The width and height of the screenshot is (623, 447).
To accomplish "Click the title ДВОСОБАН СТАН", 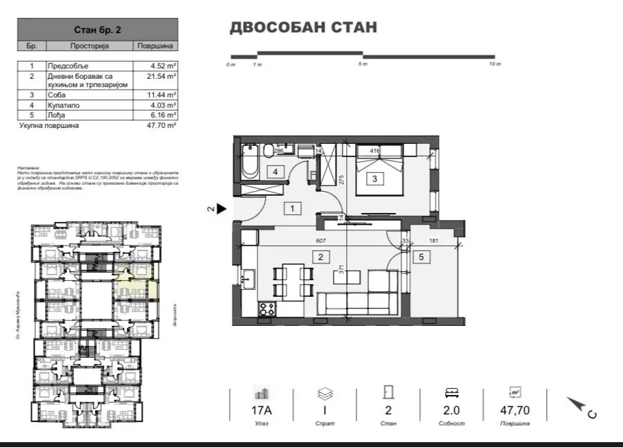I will click(x=303, y=28).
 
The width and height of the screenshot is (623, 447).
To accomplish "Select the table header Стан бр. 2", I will click(x=98, y=30).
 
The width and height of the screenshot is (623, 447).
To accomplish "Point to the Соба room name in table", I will click(x=56, y=95).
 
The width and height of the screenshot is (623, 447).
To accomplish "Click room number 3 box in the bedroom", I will click(x=374, y=179).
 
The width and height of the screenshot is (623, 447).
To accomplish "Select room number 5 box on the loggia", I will click(x=422, y=257).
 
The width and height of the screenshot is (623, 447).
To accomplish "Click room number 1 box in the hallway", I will click(x=293, y=208).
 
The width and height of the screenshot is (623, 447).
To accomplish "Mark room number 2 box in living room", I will click(x=320, y=257).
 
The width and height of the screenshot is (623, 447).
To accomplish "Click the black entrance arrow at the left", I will click(x=222, y=208).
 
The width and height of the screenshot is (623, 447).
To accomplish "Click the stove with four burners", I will click(x=266, y=311).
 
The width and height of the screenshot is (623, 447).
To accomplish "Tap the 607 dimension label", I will click(x=320, y=241).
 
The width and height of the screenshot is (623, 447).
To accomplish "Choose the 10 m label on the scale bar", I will click(x=494, y=64).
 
